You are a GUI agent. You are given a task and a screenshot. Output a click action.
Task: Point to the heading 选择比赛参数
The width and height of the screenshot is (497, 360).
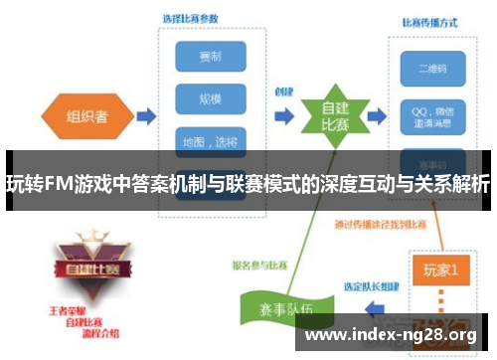[x=192, y=18]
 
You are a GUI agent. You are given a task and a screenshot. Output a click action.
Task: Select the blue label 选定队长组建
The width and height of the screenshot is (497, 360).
[x=374, y=286]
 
